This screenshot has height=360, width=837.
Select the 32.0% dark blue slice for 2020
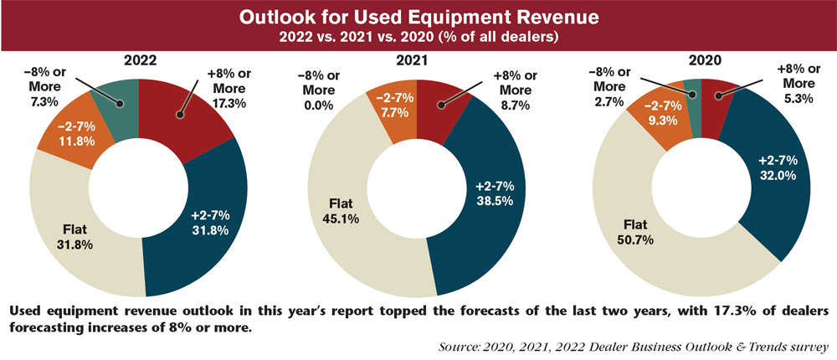pos(774,167)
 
